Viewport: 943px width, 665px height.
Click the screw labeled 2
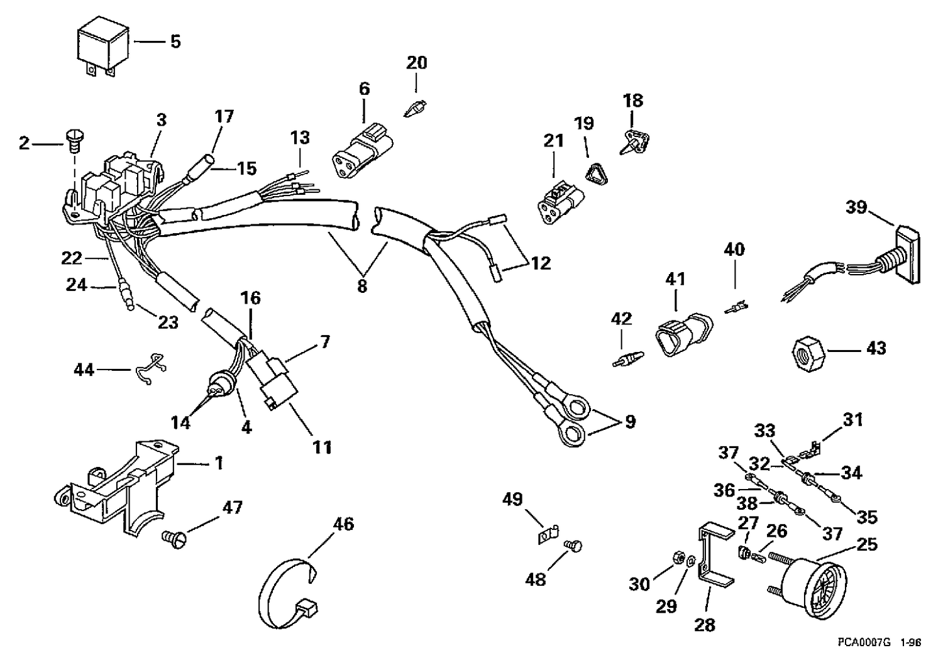coord(75,143)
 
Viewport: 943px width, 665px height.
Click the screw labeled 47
coord(174,540)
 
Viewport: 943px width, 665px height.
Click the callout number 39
coord(856,207)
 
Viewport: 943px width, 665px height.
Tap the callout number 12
coord(541,263)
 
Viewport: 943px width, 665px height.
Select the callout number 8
coord(361,286)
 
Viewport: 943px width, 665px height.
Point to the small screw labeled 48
coord(573,546)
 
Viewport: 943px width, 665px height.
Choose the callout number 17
coord(224,116)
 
